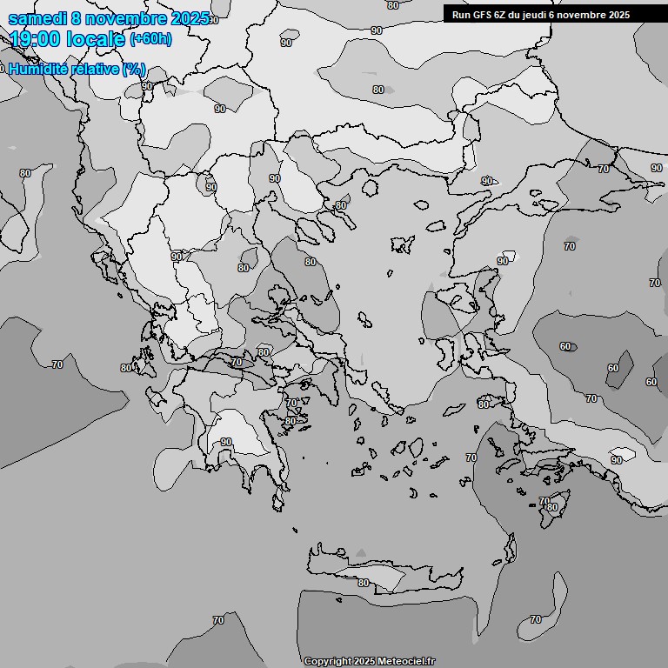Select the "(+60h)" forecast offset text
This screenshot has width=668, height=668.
pyautogui.click(x=150, y=39)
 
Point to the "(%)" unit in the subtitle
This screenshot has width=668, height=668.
pyautogui.click(x=134, y=69)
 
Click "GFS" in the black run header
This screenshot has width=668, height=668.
pyautogui.click(x=481, y=15)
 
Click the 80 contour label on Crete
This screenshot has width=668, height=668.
pyautogui.click(x=364, y=583)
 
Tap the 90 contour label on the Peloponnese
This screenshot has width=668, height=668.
pyautogui.click(x=226, y=442)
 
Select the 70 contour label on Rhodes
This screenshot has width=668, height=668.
pyautogui.click(x=544, y=502)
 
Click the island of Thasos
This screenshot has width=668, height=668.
pyautogui.click(x=371, y=187)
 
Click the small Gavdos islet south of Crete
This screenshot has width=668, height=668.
pyautogui.click(x=338, y=598)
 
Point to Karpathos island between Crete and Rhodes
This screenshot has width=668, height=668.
pyautogui.click(x=508, y=548)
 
